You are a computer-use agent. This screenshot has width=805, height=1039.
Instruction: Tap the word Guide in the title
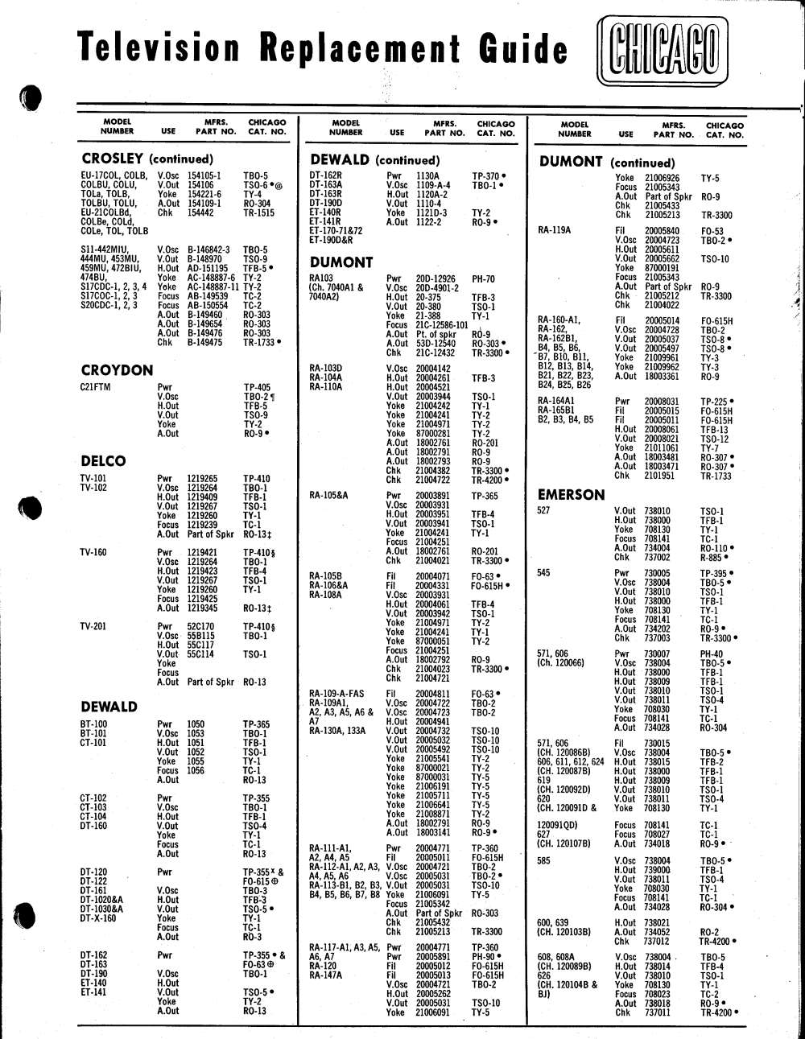tap(523, 48)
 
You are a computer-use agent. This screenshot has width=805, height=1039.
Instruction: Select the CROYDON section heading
tap(117, 370)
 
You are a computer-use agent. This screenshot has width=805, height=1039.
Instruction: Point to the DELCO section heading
tap(103, 461)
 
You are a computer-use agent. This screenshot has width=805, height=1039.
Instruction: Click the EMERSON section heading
tap(572, 495)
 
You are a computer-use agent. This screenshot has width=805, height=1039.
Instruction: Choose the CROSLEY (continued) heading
tap(147, 159)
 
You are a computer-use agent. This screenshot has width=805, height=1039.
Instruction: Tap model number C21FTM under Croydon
tap(95, 387)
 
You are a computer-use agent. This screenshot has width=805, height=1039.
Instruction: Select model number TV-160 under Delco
tap(93, 552)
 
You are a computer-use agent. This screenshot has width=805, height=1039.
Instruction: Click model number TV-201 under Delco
tap(93, 626)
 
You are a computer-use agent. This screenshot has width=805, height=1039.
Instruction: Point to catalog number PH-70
tap(483, 279)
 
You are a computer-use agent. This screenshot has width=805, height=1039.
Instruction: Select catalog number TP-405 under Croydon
tap(257, 387)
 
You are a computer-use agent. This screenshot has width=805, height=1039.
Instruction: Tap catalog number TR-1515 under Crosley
tap(258, 213)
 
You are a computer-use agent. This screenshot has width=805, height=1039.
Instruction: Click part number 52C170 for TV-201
tap(200, 626)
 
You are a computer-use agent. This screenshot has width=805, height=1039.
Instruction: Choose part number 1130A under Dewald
tap(427, 175)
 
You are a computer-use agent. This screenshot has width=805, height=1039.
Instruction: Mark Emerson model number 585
tap(544, 860)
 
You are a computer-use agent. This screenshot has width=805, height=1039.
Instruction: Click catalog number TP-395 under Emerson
tap(713, 573)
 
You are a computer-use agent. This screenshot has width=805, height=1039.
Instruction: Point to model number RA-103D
tap(325, 369)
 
